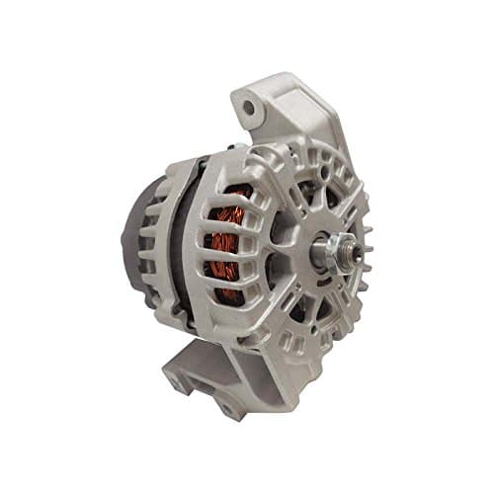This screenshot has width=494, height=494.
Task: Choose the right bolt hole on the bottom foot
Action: coord(228,404)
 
